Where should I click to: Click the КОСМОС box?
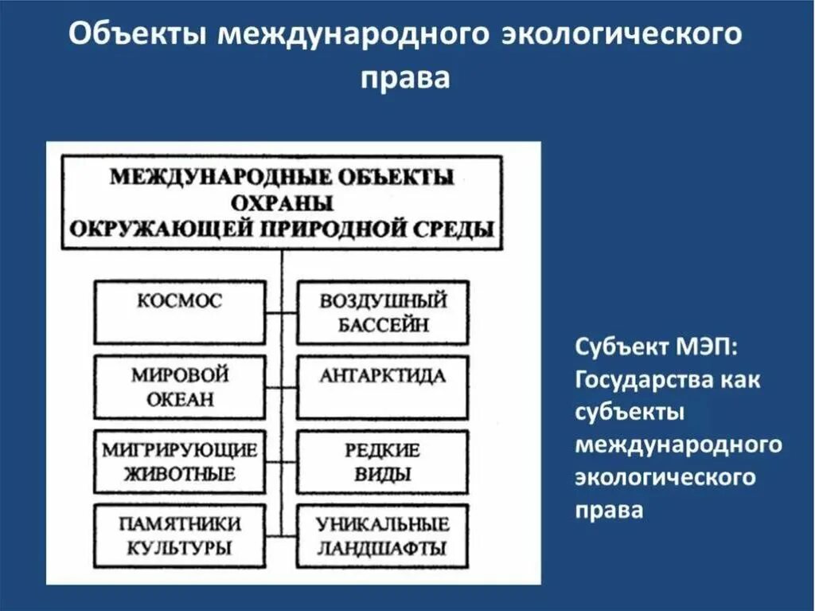click(179, 311)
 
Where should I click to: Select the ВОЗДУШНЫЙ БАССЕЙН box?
click(383, 312)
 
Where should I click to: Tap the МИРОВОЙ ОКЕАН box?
click(179, 387)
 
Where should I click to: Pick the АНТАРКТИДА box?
click(383, 387)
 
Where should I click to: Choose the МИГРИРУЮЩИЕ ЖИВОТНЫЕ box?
click(179, 462)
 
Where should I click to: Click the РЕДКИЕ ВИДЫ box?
click(383, 462)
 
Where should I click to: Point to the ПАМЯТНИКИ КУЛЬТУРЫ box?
click(179, 536)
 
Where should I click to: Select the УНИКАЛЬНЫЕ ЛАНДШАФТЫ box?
click(383, 536)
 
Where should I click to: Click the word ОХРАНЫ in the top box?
click(283, 202)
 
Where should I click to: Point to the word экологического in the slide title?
click(618, 37)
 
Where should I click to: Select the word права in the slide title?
click(406, 78)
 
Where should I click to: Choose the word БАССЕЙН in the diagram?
click(383, 324)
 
